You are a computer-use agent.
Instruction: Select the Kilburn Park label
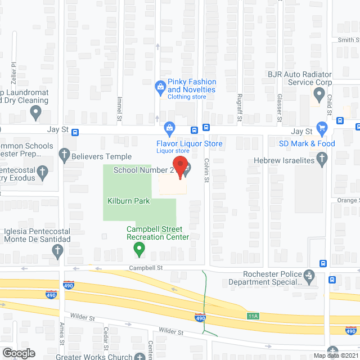point(129,200)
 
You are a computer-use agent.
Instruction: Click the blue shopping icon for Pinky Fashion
point(160,86)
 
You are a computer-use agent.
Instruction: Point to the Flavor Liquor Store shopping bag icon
point(169,127)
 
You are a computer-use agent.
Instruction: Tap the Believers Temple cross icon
point(65,153)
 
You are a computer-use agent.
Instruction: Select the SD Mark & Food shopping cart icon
point(322,128)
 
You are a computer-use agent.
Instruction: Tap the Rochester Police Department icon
point(309,276)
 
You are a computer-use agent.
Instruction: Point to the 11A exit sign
point(253,316)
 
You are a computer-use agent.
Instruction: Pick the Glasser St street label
point(280,107)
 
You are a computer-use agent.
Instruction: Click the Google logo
point(18,353)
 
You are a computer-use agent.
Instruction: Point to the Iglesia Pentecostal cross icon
point(57,253)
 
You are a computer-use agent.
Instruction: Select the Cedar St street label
point(106,338)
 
